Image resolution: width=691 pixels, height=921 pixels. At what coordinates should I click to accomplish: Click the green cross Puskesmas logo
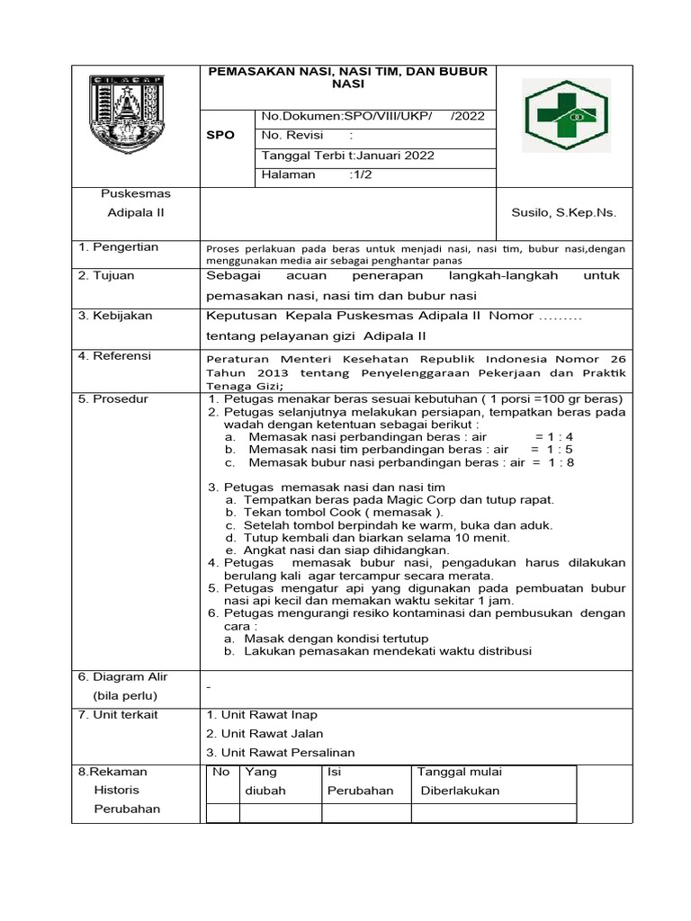[x=567, y=113]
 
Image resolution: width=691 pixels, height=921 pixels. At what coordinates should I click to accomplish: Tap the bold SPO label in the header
[x=220, y=135]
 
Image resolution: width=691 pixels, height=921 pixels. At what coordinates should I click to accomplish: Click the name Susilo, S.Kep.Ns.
[x=563, y=212]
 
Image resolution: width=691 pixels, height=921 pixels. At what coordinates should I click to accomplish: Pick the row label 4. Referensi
[x=114, y=356]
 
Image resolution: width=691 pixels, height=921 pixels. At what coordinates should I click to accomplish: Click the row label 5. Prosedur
[x=113, y=398]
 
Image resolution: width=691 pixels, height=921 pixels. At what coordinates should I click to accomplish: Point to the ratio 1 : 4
[x=554, y=436]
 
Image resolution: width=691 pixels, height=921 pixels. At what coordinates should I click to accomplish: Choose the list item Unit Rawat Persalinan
[x=281, y=752]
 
